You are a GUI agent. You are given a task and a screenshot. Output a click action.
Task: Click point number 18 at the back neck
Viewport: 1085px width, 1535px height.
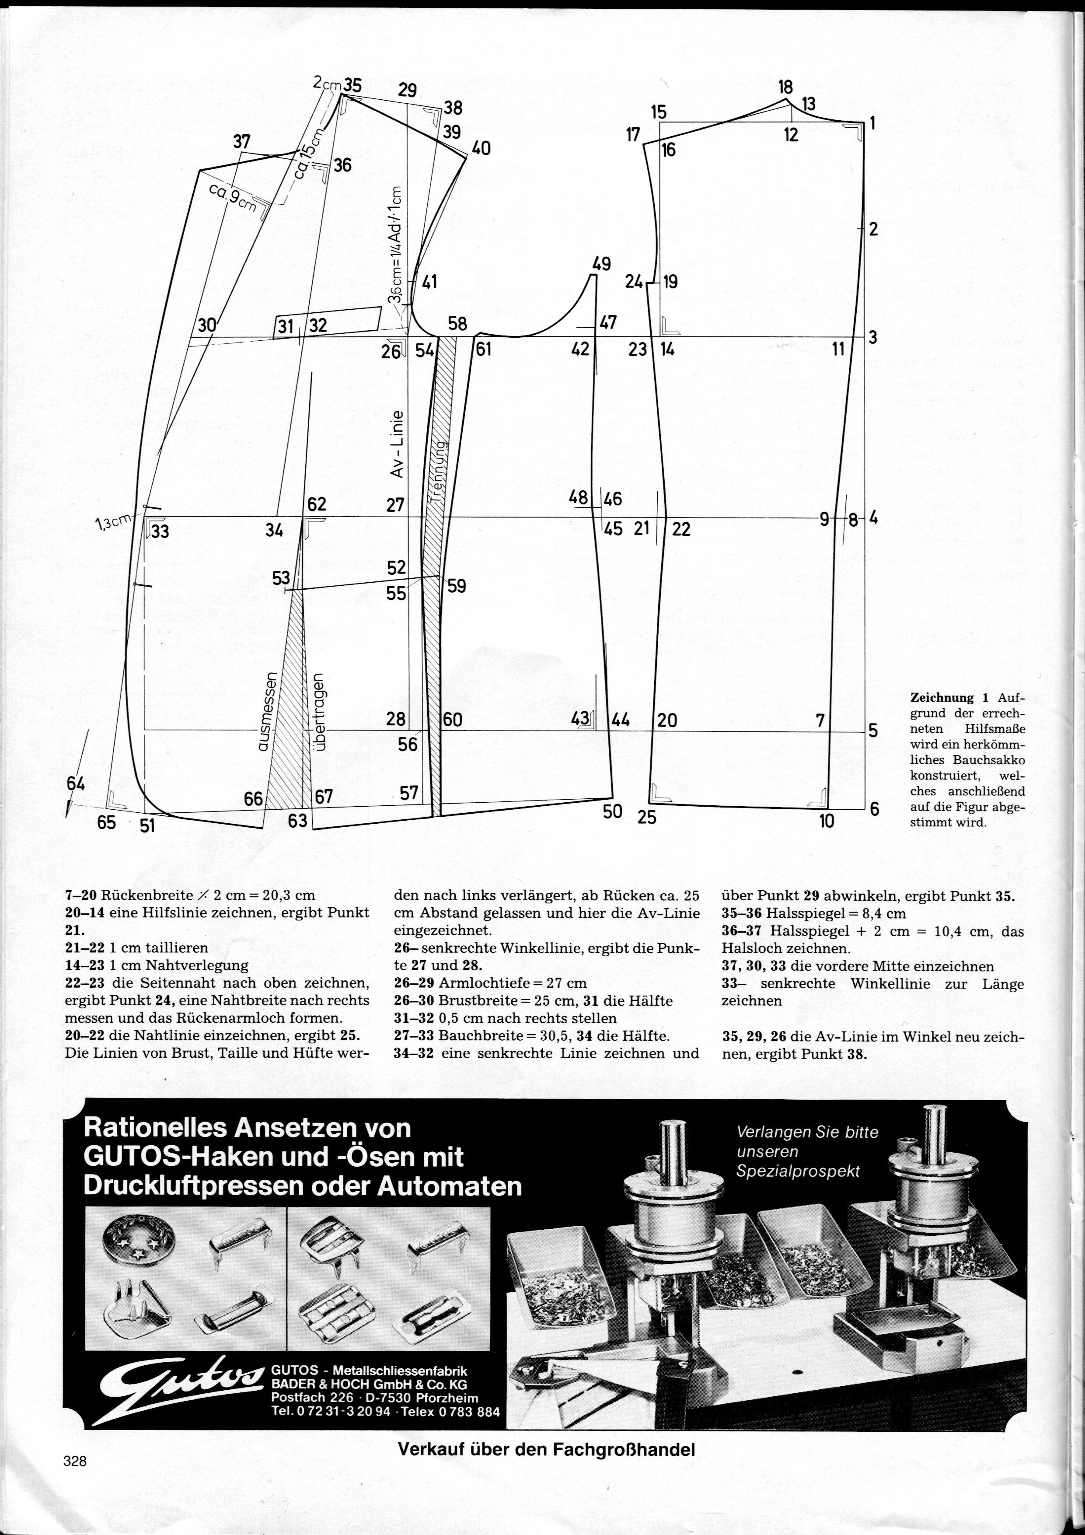pos(785,87)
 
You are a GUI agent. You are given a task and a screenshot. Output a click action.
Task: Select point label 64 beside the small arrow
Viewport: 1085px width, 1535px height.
pos(76,784)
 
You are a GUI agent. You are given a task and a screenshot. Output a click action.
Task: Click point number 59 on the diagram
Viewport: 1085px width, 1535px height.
pos(457,586)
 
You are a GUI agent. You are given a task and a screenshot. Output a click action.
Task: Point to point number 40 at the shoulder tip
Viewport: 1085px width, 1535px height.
pos(481,148)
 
